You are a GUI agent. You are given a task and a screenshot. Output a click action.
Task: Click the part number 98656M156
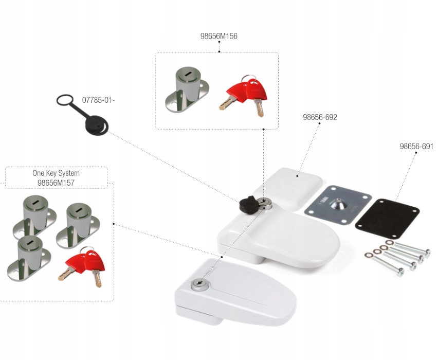pos(219,36)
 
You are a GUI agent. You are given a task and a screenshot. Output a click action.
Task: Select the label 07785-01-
pos(98,100)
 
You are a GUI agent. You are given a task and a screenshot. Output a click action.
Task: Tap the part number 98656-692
pos(320,117)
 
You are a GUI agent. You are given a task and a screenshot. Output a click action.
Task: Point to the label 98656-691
pos(416,146)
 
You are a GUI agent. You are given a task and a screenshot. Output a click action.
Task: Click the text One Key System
pos(56,173)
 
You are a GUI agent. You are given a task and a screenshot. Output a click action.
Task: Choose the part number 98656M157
pos(56,183)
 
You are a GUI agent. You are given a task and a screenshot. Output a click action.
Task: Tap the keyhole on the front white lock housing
pos(198,284)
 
